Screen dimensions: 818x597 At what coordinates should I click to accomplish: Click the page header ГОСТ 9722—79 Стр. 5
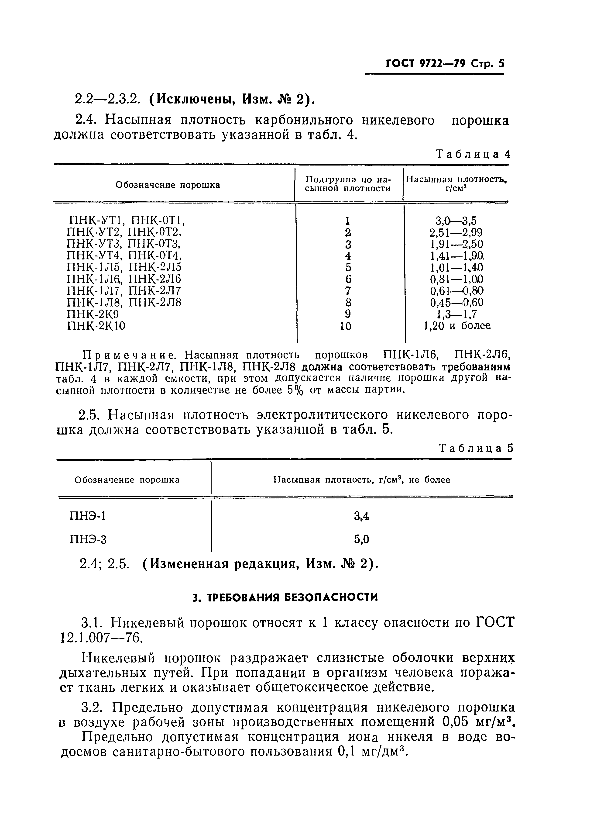[x=445, y=64]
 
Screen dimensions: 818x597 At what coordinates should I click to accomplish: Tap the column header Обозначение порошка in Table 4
[x=168, y=185]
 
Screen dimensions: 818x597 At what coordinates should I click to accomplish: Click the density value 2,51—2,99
[x=456, y=232]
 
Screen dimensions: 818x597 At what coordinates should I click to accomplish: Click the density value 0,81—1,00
[x=456, y=279]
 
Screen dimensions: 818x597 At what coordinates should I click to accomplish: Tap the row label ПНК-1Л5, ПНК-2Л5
[x=124, y=267]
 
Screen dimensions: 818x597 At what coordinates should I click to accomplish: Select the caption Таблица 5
[x=476, y=448]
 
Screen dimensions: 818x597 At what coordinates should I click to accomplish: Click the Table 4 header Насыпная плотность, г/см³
[x=456, y=184]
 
